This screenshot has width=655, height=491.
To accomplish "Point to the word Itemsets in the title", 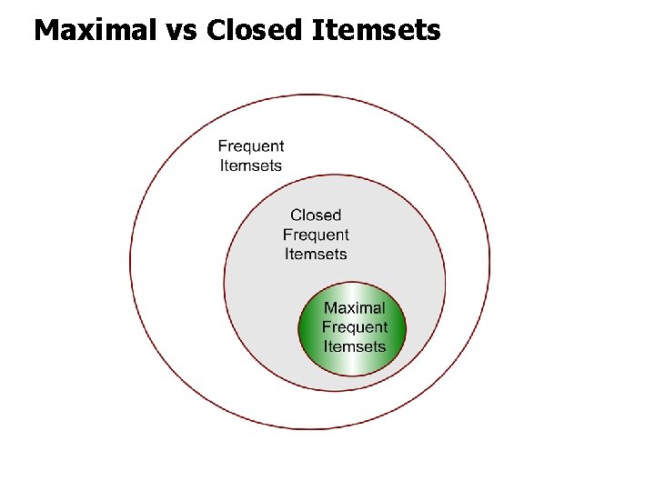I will pos(377,30).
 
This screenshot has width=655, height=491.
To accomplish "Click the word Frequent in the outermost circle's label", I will pos(250,145).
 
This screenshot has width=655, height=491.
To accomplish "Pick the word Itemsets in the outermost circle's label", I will pos(250,165).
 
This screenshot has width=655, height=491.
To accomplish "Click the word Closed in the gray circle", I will pos(316,215).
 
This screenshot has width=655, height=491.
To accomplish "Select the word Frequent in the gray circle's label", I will pos(316,235).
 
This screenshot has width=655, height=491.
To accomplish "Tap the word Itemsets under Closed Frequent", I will pos(316,254).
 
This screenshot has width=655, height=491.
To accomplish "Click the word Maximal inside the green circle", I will pos(354,308).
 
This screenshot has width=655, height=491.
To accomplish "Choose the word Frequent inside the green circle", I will pos(354,327).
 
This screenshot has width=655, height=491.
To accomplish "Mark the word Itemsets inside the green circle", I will pos(354,346).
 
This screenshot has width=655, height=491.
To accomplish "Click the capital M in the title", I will pos(45,30).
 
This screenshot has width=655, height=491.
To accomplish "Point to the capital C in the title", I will pos(216,30).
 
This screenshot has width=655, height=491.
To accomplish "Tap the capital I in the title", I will pos(317,30).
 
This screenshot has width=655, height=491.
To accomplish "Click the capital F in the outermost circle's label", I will pos(223,145).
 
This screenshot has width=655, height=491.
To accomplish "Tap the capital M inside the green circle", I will pos(331,308).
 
